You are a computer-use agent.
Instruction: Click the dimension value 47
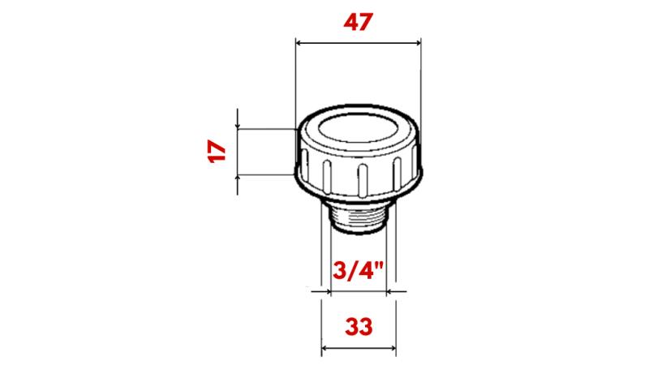358,23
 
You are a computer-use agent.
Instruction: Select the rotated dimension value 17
215,152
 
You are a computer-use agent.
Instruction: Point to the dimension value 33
359,327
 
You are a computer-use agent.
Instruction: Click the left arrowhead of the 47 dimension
299,43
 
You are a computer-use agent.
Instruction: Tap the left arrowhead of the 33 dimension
326,350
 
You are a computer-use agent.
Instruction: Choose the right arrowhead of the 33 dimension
392,350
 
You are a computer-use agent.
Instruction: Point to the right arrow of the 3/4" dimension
391,289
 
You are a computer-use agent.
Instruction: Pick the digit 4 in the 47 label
347,23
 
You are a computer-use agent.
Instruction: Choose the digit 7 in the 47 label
368,23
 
